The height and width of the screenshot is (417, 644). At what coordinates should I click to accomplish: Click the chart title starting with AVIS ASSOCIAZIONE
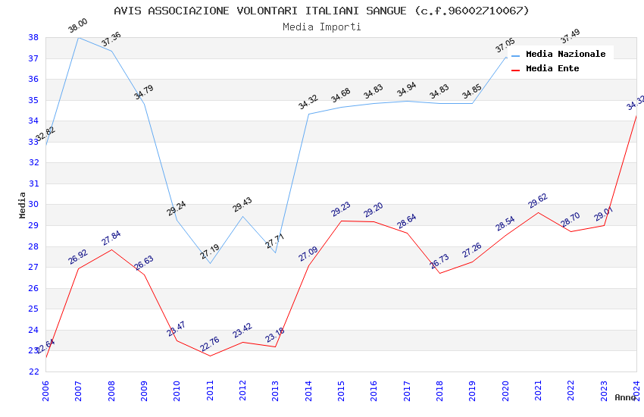tap(321, 11)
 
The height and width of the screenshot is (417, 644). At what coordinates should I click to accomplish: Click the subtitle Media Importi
tap(321, 27)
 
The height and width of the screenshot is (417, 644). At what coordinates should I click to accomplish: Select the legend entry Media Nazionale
tap(565, 54)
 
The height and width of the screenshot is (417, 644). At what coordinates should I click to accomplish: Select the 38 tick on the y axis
tap(34, 37)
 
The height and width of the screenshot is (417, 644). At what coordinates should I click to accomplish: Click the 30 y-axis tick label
tap(34, 205)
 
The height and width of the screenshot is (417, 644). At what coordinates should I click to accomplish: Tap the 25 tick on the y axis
tap(34, 309)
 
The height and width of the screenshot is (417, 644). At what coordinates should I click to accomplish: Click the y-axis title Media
tap(22, 205)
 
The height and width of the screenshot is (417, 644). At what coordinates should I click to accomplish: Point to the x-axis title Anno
tap(625, 397)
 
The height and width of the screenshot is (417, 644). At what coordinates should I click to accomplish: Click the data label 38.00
tap(78, 27)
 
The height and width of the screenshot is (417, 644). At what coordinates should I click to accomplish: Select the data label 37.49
tap(571, 36)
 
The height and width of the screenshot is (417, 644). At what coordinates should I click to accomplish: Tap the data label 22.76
tap(210, 345)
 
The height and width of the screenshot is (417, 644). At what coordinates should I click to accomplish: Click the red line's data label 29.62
tap(538, 201)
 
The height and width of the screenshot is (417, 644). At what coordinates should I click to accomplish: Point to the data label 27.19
tap(210, 252)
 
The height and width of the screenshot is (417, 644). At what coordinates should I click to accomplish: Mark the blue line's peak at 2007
tap(78, 37)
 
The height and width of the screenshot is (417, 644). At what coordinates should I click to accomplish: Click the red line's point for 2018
tap(439, 273)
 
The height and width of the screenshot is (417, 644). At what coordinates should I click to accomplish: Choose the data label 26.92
tap(78, 257)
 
